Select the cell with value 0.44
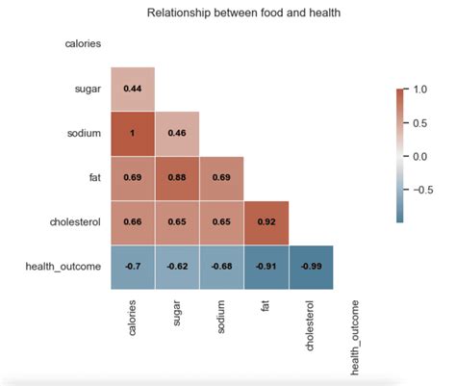(133, 89)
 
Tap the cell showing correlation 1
(133, 133)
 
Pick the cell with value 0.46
(177, 133)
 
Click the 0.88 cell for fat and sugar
(177, 178)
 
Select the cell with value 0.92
(266, 222)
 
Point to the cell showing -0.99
(311, 267)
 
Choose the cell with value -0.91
(266, 267)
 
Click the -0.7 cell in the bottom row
(133, 267)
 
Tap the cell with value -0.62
(177, 267)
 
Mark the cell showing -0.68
(222, 267)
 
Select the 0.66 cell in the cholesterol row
(133, 222)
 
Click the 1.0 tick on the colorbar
(420, 90)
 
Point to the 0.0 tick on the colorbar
(420, 155)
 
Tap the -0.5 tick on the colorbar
(422, 189)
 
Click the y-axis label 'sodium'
(82, 134)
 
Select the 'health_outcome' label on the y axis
(63, 268)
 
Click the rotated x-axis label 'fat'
(266, 307)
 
